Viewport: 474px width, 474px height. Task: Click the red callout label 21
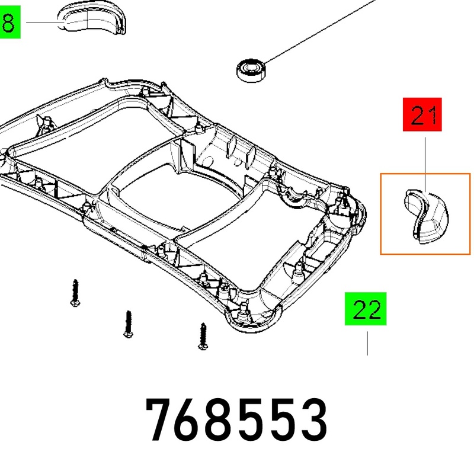click(x=422, y=114)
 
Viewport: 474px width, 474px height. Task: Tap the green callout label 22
click(x=366, y=309)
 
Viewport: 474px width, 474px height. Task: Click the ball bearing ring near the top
click(x=251, y=71)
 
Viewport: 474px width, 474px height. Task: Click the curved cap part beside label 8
click(x=92, y=20)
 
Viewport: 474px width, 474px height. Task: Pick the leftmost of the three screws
click(x=75, y=293)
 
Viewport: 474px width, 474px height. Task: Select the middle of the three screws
click(x=129, y=324)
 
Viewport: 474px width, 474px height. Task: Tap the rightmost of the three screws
click(x=203, y=336)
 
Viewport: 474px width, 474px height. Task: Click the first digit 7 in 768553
click(x=160, y=419)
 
